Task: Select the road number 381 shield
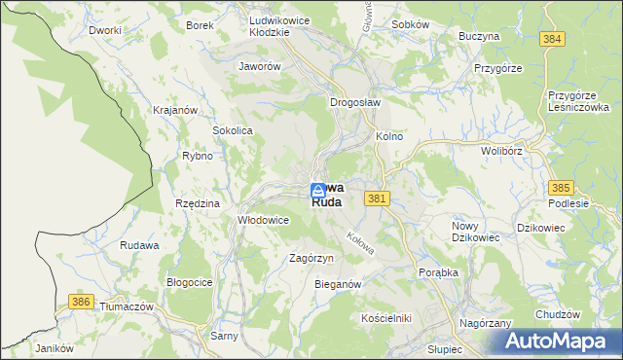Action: tap(379, 198)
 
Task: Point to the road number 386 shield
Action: tap(81, 304)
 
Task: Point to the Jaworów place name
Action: tap(260, 67)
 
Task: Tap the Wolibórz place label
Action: tap(502, 152)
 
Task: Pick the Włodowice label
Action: tap(264, 220)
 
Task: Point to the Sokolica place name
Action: tap(233, 129)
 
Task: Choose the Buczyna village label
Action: tap(479, 36)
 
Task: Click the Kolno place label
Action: tap(389, 137)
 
